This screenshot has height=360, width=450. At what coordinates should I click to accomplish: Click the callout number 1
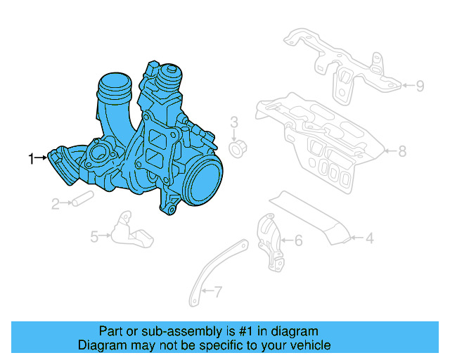(30, 159)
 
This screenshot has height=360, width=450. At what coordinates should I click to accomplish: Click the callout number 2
(55, 204)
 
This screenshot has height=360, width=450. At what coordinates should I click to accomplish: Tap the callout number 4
(368, 238)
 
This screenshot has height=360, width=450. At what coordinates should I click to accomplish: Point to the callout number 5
(94, 237)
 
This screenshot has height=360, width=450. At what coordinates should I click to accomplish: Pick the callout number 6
(297, 241)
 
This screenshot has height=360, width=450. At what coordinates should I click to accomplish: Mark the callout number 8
(402, 150)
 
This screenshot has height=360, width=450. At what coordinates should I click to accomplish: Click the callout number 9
(420, 86)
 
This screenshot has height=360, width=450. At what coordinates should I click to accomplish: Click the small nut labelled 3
(237, 148)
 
